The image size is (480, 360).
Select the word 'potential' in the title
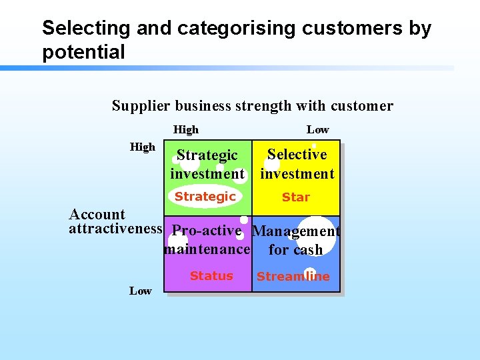tap(83, 52)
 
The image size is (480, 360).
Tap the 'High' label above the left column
tap(185, 130)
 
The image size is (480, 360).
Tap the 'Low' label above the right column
tap(317, 130)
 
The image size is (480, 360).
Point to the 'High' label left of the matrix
tap(143, 147)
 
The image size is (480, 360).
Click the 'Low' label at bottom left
tap(140, 291)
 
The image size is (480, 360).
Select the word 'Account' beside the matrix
tap(97, 215)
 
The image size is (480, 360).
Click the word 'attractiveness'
tap(116, 229)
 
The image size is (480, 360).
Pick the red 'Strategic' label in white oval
tap(205, 197)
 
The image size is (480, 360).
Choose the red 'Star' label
tap(296, 197)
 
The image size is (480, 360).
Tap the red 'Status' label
tap(211, 276)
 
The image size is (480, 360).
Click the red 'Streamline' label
tap(293, 277)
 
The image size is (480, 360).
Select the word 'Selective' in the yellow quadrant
tap(297, 155)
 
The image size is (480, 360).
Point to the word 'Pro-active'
tap(206, 231)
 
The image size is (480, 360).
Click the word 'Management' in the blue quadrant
tap(296, 232)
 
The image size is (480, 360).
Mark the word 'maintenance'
tap(207, 249)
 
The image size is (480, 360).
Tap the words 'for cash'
tap(295, 250)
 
